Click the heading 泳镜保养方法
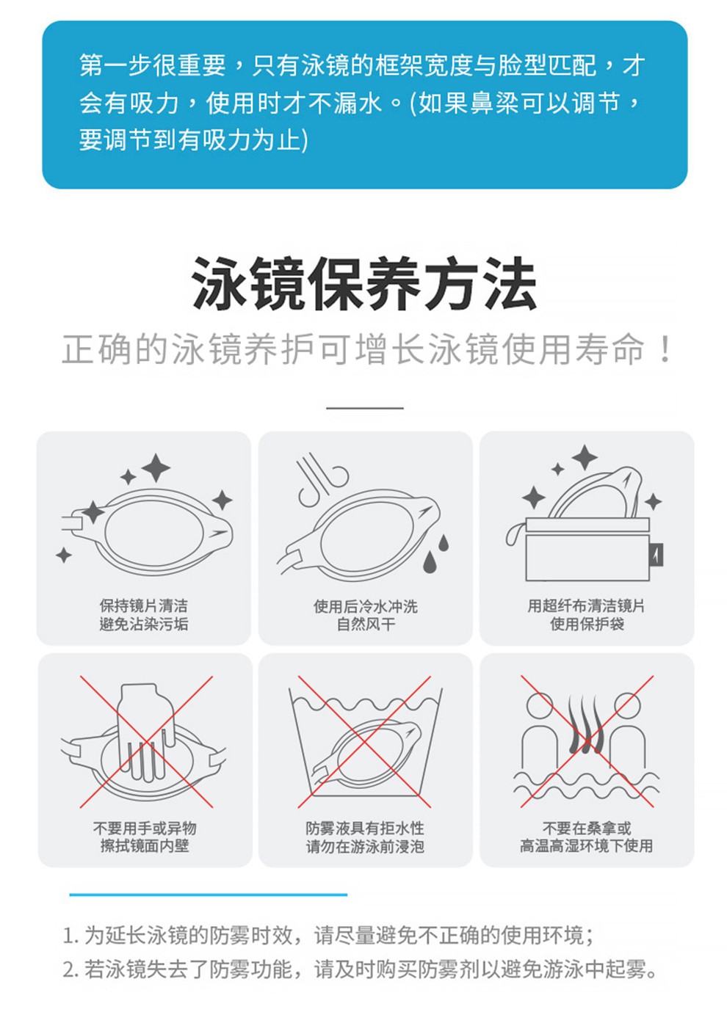[364, 284]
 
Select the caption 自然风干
[366, 624]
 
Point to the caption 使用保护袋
[587, 624]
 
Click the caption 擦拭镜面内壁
[145, 845]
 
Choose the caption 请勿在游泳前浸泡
[365, 846]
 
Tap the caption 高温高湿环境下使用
[586, 845]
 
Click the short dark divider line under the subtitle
[365, 408]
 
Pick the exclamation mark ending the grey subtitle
[665, 349]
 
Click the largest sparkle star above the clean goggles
[156, 468]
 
